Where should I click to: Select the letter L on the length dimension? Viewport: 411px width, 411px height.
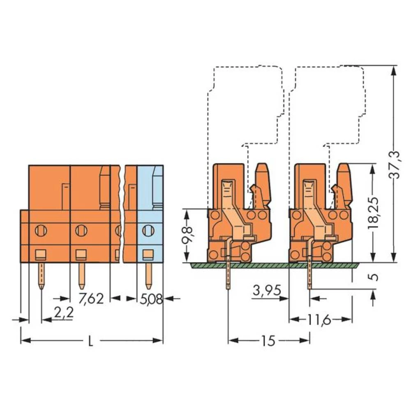point(91,341)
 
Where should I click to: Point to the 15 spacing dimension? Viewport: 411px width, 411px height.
point(268,341)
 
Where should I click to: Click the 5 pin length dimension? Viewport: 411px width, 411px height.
point(373,276)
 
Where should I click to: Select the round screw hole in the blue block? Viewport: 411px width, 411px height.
point(148,231)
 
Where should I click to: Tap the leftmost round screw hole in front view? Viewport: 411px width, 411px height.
point(41,231)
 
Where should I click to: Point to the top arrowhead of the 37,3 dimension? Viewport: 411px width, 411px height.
point(394,70)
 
